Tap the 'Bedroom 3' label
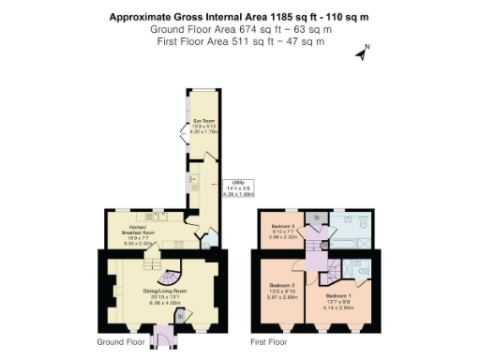tap(283, 227)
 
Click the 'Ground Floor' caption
tap(121, 343)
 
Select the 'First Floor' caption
tap(267, 343)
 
